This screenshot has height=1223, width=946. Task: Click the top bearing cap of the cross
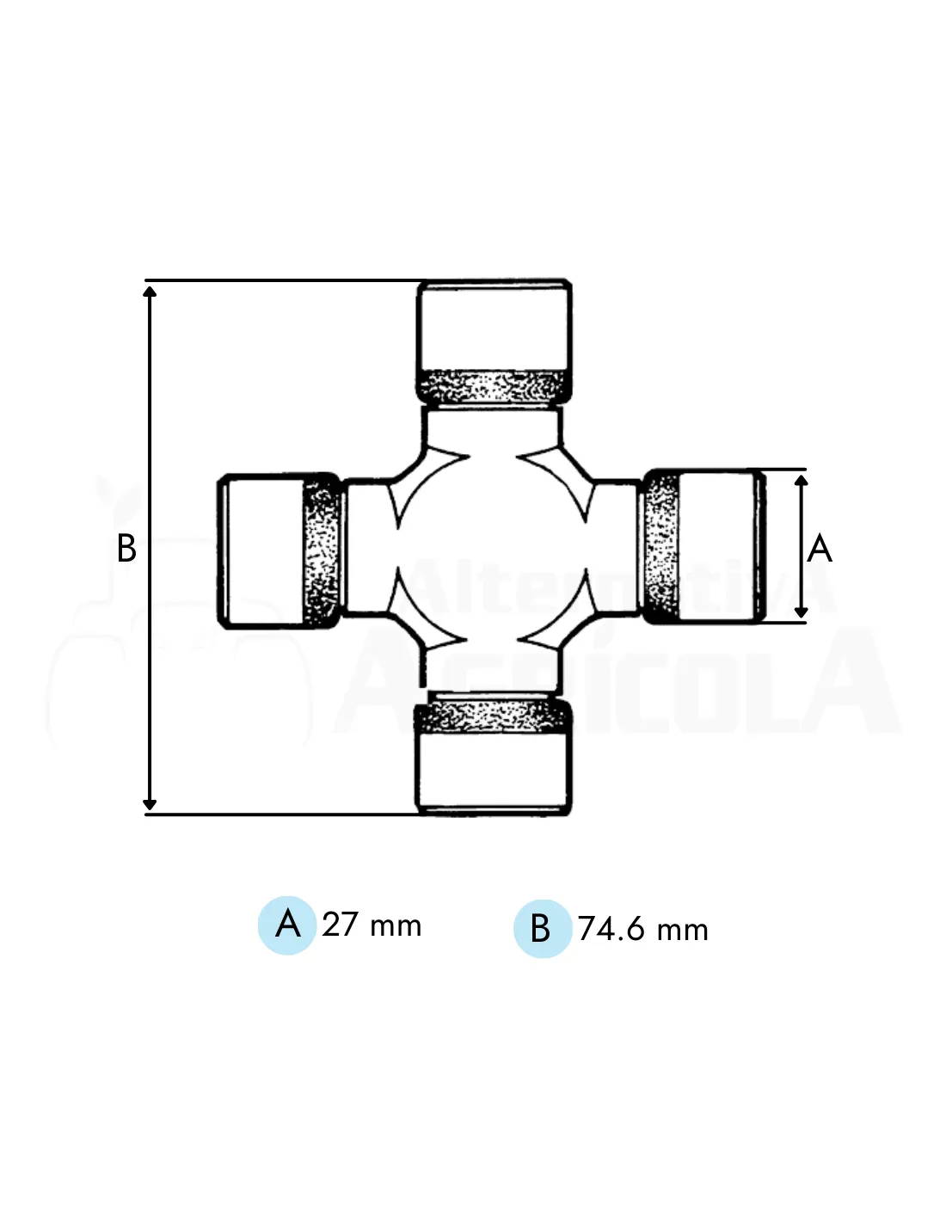click(494, 341)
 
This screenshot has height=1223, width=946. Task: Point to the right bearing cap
click(703, 546)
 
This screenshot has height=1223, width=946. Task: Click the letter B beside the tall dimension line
click(126, 548)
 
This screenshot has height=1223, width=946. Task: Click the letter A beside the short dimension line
click(819, 548)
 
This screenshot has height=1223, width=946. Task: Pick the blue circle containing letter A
click(287, 925)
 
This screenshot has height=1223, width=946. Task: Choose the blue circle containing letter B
click(542, 929)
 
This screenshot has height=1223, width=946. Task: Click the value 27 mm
click(372, 925)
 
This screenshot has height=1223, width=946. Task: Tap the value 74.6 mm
click(642, 929)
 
